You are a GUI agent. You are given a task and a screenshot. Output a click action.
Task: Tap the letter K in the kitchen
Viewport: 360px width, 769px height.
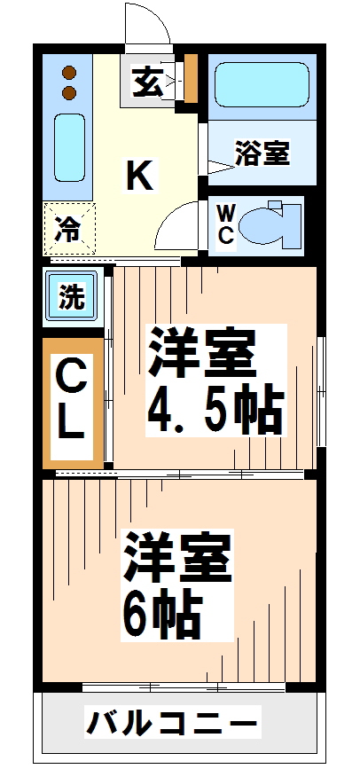pos(139,177)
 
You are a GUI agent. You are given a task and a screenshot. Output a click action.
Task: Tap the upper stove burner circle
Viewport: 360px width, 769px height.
pos(68,72)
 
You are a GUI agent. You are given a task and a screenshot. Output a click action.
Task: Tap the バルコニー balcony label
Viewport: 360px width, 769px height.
pos(173,723)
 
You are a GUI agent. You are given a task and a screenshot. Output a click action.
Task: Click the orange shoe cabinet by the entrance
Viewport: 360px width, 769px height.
pos(191,80)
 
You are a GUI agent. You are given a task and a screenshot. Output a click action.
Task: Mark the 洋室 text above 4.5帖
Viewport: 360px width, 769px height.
pos(202,354)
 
